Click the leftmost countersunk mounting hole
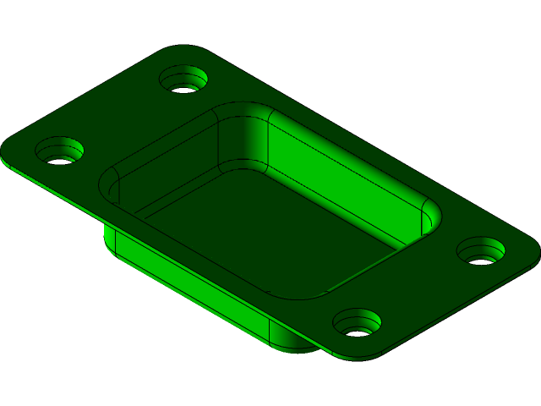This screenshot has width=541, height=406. pyautogui.click(x=59, y=152)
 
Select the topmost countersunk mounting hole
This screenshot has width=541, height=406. pyautogui.click(x=184, y=80)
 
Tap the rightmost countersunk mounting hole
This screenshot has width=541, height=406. pyautogui.click(x=481, y=252)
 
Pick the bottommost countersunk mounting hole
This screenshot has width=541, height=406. pyautogui.click(x=357, y=323)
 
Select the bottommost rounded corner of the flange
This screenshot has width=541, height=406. pyautogui.click(x=359, y=351)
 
